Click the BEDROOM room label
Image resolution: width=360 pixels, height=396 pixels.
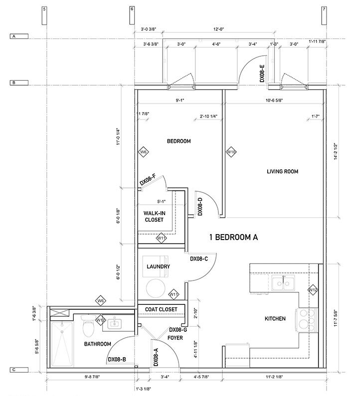(x=179, y=141)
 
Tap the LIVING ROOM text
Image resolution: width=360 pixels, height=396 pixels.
(x=282, y=171)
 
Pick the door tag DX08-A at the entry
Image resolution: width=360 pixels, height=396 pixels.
(x=156, y=357)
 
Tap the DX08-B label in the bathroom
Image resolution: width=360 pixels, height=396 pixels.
(x=117, y=359)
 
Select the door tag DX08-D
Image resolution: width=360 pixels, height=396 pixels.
(x=200, y=206)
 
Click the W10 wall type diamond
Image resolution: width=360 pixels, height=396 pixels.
(x=231, y=151)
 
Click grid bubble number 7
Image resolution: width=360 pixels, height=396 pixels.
(x=324, y=9)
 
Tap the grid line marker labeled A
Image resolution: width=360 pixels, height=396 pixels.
(x=14, y=37)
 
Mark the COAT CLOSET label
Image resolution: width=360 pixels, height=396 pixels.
(x=161, y=309)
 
